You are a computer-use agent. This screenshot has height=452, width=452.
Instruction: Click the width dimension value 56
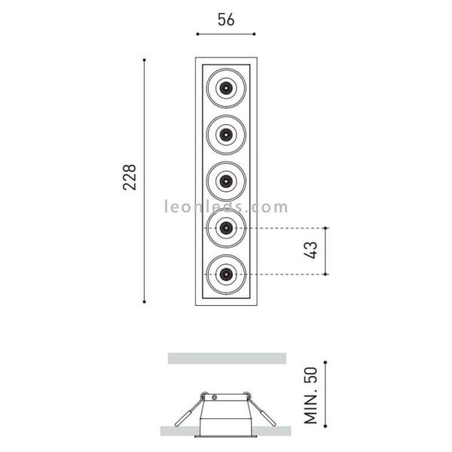pos(225,20)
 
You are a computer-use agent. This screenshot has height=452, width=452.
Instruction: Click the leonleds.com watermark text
pos(225,206)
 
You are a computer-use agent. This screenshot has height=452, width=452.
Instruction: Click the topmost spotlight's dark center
pos(225,87)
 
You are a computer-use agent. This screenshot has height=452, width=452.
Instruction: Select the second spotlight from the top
pos(225,135)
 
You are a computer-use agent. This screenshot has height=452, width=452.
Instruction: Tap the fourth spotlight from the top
pos(225,228)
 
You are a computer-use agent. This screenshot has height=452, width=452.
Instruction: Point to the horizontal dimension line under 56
pos(225,35)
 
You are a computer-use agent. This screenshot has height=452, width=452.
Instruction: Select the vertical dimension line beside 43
pos(325,251)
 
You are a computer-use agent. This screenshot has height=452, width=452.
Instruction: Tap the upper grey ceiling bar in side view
pos(227,357)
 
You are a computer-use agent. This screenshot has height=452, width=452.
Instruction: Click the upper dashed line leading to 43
pos(286,228)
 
